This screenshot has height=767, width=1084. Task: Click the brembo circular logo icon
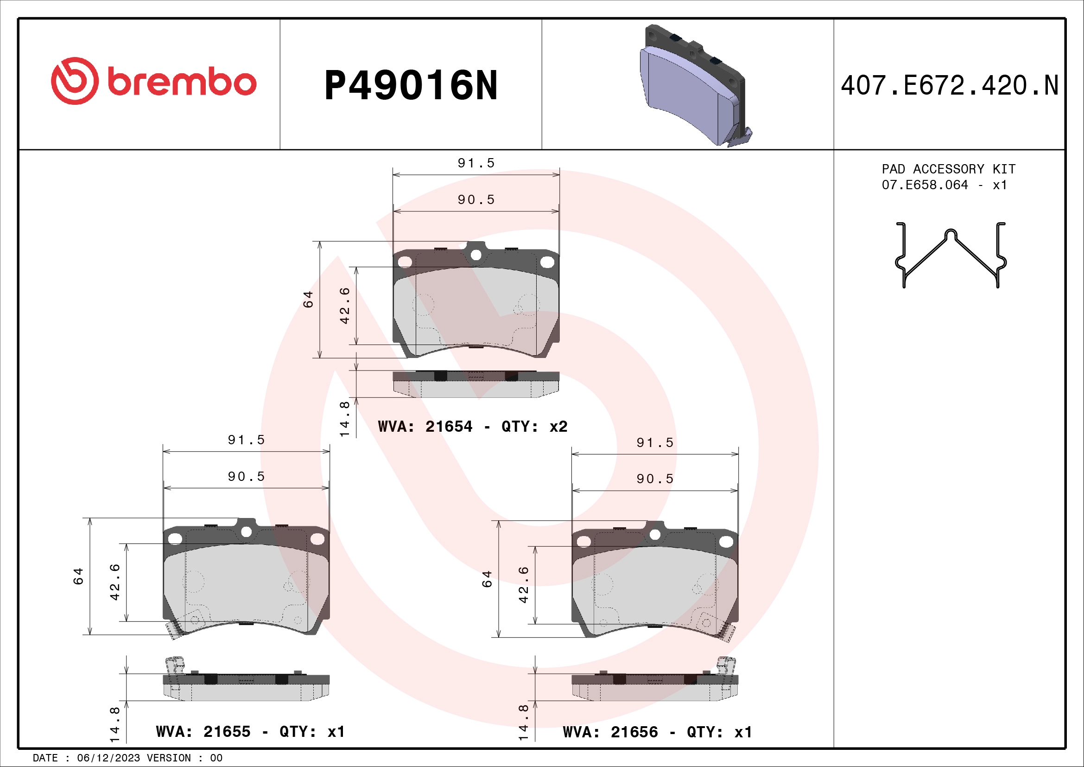(75, 81)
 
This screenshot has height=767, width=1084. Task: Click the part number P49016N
(411, 86)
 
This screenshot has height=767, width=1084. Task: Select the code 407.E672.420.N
(950, 86)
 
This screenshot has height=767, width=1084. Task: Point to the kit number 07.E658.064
(925, 185)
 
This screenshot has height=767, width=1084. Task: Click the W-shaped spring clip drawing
(951, 256)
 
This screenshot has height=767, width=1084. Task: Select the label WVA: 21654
(425, 427)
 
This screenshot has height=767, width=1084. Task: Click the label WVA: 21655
(203, 732)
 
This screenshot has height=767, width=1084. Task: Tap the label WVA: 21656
(610, 732)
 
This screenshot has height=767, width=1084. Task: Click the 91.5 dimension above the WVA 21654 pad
(476, 163)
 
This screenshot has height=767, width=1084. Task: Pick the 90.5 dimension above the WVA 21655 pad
(246, 477)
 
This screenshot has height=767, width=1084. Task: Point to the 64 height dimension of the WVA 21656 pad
(487, 579)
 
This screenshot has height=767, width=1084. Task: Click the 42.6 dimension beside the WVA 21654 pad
(345, 306)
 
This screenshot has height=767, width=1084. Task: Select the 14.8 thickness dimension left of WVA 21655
(115, 724)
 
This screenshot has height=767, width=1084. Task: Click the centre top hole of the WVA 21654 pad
(476, 255)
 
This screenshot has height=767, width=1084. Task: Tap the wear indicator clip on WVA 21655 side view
(174, 666)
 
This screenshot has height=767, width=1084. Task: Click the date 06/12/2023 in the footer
(108, 758)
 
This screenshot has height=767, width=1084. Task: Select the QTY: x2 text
(534, 427)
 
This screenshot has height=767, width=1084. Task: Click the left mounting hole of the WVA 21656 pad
(584, 542)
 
